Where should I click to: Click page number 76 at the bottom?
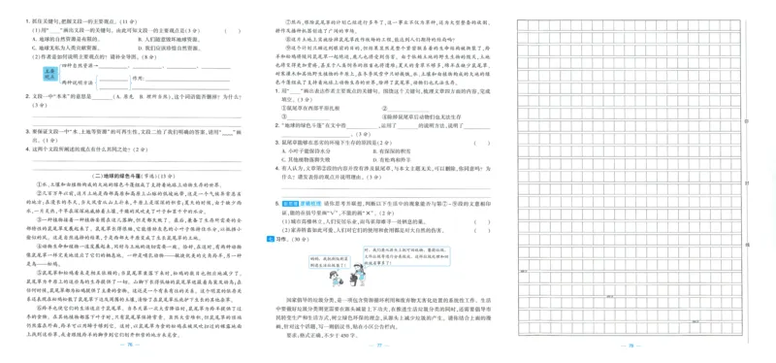coord(129,345)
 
